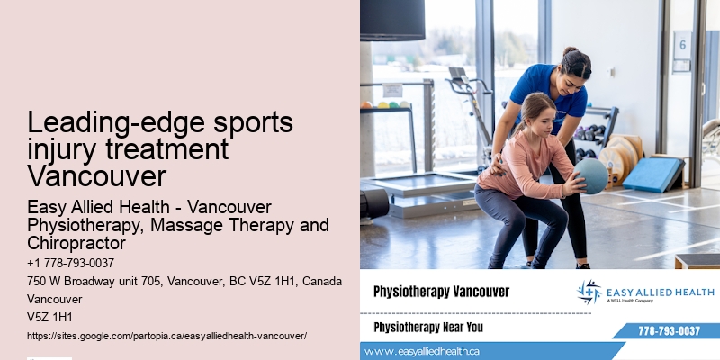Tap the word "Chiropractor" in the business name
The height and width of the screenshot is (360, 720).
[x=76, y=244]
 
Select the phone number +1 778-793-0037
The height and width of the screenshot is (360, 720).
[x=70, y=263]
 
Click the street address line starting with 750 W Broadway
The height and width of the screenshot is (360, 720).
[x=184, y=282]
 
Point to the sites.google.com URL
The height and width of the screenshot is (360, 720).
[x=166, y=335]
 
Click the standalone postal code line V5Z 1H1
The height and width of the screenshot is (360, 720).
[x=49, y=317]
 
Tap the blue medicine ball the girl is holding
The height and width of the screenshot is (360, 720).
[x=590, y=175]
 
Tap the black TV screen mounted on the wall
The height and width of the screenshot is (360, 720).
[x=392, y=20]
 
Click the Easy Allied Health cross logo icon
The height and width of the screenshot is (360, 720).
[x=589, y=292]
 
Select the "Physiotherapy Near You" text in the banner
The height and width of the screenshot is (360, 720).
[x=427, y=326]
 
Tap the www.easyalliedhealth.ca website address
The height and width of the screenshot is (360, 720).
[x=422, y=351]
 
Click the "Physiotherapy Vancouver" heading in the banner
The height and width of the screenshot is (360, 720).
[x=441, y=292]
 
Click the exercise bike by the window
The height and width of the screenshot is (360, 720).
[x=468, y=99]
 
